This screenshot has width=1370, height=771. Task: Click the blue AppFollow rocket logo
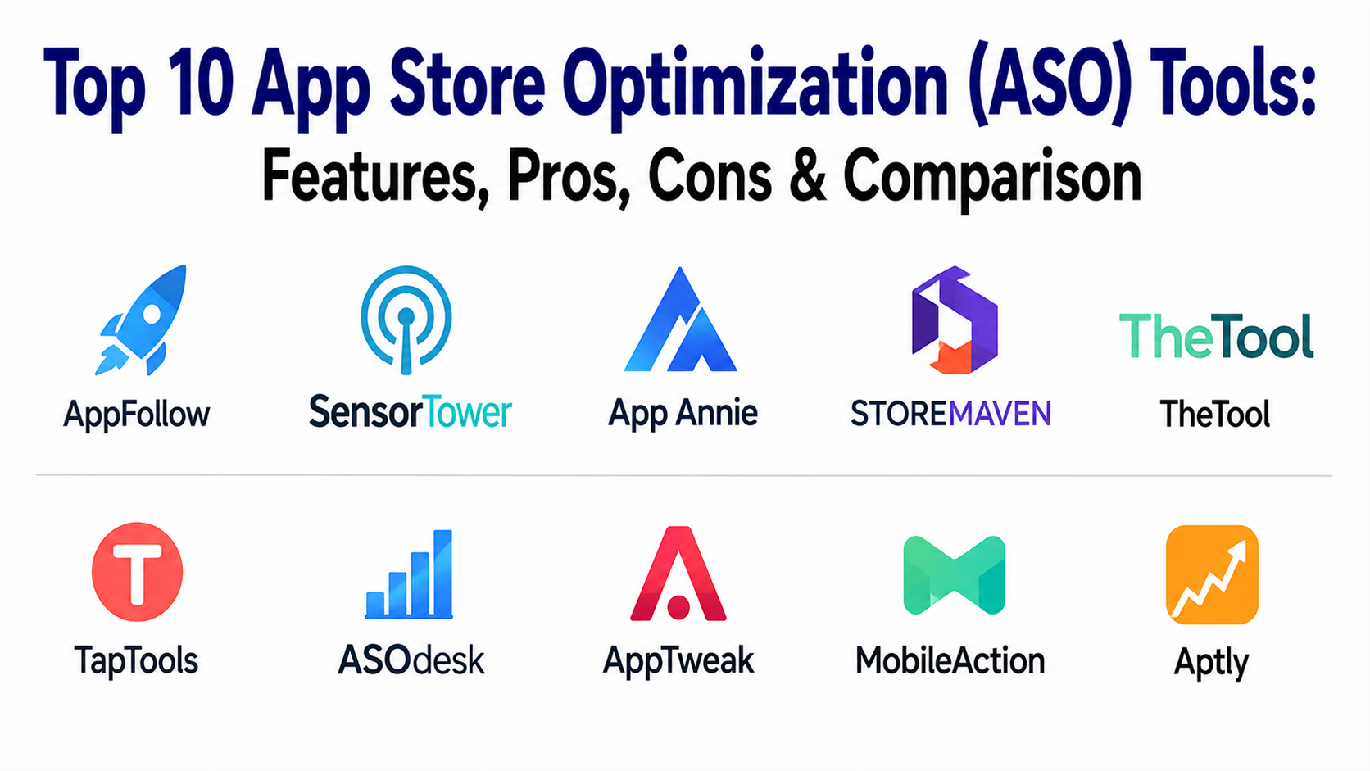[x=142, y=320]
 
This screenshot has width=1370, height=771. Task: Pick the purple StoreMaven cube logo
[x=954, y=320]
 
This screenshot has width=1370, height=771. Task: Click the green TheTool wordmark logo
[x=1216, y=336]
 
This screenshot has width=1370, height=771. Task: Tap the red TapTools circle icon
[x=137, y=572]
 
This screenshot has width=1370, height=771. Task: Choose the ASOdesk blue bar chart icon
[x=409, y=574]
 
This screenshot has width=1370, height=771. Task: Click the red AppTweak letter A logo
[x=678, y=574]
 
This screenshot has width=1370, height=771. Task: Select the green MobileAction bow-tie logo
[x=954, y=574]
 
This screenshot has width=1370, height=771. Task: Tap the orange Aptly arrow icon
[x=1212, y=574]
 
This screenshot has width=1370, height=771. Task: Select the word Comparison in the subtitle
[x=992, y=179]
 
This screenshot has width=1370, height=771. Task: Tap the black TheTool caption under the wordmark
[x=1214, y=414]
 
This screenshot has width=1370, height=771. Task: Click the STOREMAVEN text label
[x=951, y=413]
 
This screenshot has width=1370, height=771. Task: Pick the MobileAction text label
[x=950, y=661]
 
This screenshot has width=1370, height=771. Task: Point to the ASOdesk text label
[x=411, y=660]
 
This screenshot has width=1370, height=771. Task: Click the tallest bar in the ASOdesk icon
[x=442, y=573]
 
